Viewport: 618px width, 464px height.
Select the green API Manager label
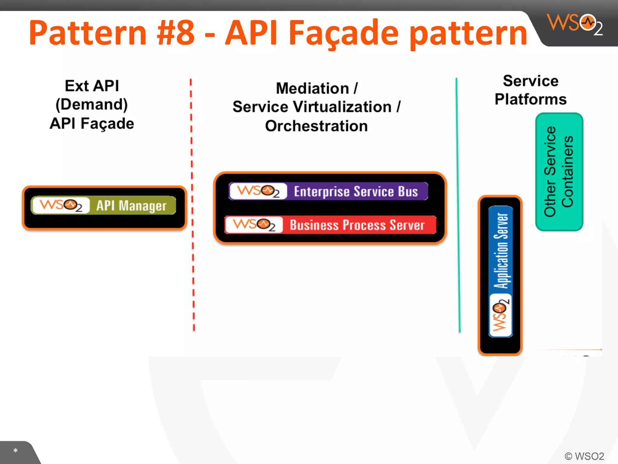pyautogui.click(x=132, y=206)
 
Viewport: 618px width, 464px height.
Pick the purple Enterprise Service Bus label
pyautogui.click(x=356, y=192)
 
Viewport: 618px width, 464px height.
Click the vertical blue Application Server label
pyautogui.click(x=501, y=251)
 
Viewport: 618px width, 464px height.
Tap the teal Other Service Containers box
pyautogui.click(x=559, y=172)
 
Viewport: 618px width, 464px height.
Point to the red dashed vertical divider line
pyautogui.click(x=192, y=205)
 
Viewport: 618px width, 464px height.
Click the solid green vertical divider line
pyautogui.click(x=458, y=205)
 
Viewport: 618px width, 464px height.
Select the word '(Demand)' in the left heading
pyautogui.click(x=92, y=105)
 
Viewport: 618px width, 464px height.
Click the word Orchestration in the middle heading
pyautogui.click(x=316, y=126)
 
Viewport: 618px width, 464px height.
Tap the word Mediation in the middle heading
pyautogui.click(x=312, y=89)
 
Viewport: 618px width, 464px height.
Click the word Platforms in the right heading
pyautogui.click(x=530, y=99)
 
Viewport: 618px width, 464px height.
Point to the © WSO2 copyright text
pyautogui.click(x=584, y=456)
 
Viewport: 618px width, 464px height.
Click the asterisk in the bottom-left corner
pyautogui.click(x=15, y=451)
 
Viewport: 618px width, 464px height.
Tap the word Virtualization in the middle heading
pyautogui.click(x=342, y=107)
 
